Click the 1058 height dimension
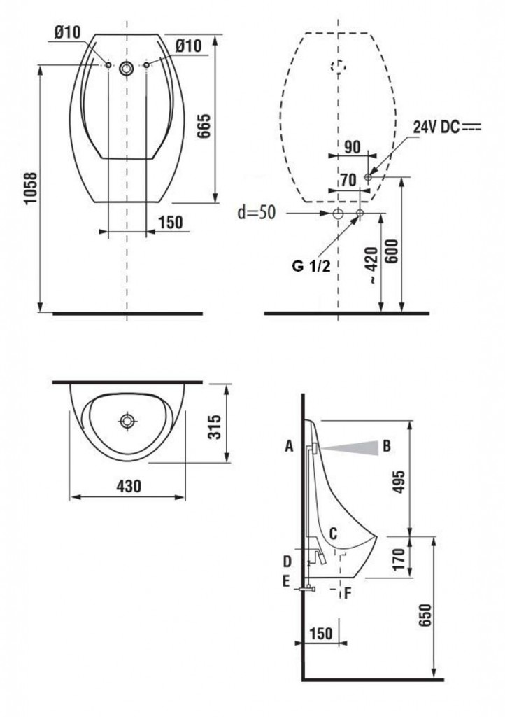pyautogui.click(x=31, y=188)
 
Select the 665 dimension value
pyautogui.click(x=204, y=125)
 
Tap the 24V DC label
pyautogui.click(x=436, y=127)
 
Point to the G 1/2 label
pyautogui.click(x=311, y=265)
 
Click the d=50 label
pyautogui.click(x=257, y=212)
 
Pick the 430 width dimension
pyautogui.click(x=128, y=486)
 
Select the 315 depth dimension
pyautogui.click(x=214, y=426)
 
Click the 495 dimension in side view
pyautogui.click(x=399, y=482)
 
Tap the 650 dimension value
pyautogui.click(x=424, y=616)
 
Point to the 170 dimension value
pyautogui.click(x=399, y=559)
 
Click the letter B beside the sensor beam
pyautogui.click(x=387, y=445)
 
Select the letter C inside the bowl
pyautogui.click(x=333, y=533)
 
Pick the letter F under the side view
pyautogui.click(x=348, y=594)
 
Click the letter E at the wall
pyautogui.click(x=286, y=581)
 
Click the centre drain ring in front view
pyautogui.click(x=127, y=69)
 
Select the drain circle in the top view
pyautogui.click(x=127, y=421)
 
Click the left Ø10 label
pyautogui.click(x=67, y=32)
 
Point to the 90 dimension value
pyautogui.click(x=352, y=147)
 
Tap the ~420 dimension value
pyautogui.click(x=372, y=265)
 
